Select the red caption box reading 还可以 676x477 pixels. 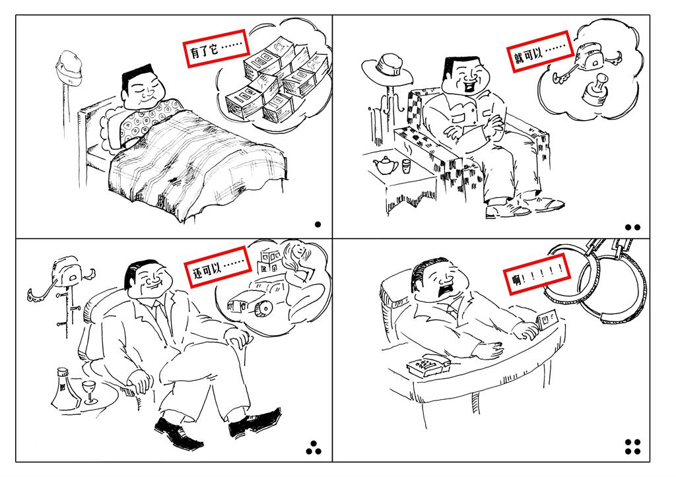click(218, 266)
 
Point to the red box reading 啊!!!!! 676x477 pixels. click(537, 274)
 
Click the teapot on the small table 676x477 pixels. click(386, 166)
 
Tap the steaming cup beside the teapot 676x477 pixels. click(406, 165)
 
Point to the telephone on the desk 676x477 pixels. click(428, 367)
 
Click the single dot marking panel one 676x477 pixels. click(318, 224)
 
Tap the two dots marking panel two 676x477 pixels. click(632, 227)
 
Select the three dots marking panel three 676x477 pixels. click(314, 448)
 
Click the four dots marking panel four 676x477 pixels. click(632, 447)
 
